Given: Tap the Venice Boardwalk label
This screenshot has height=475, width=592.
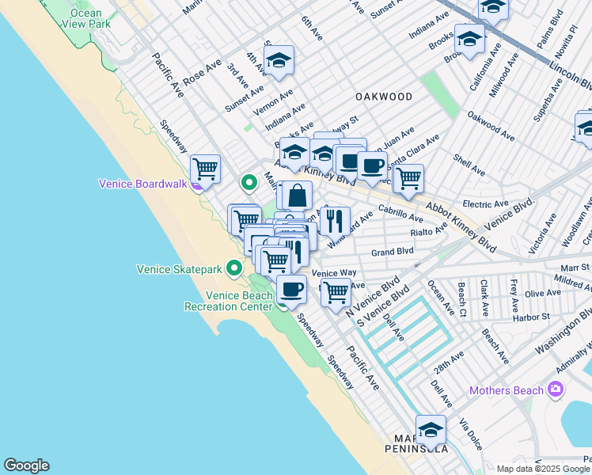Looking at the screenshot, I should pyautogui.click(x=142, y=184).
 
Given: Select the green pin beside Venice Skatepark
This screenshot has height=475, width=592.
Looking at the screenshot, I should pyautogui.click(x=233, y=268).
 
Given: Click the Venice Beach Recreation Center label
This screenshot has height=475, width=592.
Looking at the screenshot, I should pyautogui.click(x=229, y=301).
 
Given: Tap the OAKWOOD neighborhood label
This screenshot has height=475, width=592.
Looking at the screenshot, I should pyautogui.click(x=384, y=97).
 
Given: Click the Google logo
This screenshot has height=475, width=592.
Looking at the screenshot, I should pyautogui.click(x=26, y=465).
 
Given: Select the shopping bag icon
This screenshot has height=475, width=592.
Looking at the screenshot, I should pyautogui.click(x=296, y=195).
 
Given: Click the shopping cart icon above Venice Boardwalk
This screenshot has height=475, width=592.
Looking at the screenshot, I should pyautogui.click(x=205, y=167).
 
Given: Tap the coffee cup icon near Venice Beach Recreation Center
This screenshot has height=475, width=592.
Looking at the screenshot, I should pyautogui.click(x=292, y=289).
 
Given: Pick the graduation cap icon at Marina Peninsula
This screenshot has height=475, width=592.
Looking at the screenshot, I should pyautogui.click(x=431, y=429).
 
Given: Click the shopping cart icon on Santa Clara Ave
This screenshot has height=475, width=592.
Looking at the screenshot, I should pyautogui.click(x=408, y=178).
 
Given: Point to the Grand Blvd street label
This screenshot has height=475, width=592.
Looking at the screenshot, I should pyautogui.click(x=393, y=252).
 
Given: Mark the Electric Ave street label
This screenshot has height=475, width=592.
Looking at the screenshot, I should pyautogui.click(x=484, y=204).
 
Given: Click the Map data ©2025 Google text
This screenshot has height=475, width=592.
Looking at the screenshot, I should pyautogui.click(x=543, y=468).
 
